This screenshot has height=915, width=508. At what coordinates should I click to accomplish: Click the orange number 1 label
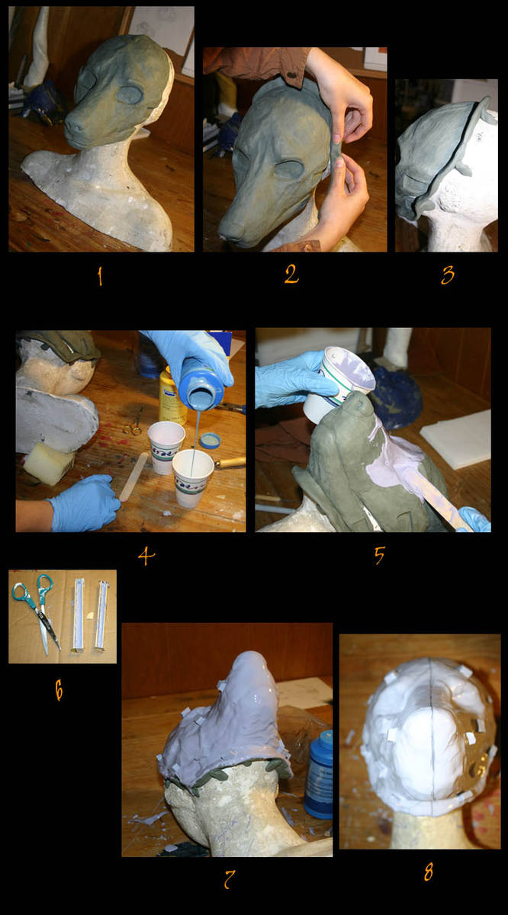click(100, 277)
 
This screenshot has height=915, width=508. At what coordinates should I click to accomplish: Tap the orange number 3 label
click(448, 275)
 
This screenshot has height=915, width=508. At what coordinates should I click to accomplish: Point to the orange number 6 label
click(59, 691)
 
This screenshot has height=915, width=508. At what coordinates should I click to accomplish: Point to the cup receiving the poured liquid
click(192, 478)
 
